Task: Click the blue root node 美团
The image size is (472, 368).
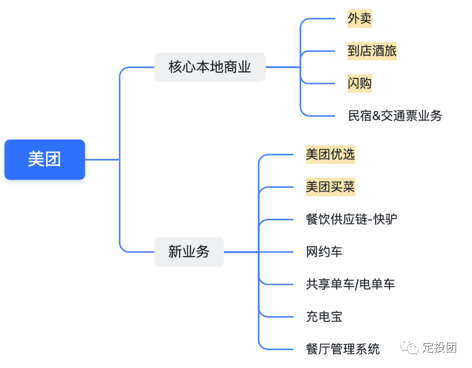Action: (x=44, y=159)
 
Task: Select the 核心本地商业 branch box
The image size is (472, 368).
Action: (x=209, y=67)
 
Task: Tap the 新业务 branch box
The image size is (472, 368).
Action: (x=189, y=252)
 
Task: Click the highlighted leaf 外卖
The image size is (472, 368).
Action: (x=360, y=19)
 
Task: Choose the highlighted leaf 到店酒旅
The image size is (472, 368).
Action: (x=372, y=51)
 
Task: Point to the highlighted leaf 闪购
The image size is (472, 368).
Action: (x=360, y=83)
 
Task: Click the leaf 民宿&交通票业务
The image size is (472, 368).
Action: (x=395, y=115)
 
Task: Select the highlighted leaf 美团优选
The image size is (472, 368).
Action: (x=330, y=155)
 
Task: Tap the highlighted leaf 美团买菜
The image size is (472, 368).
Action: (x=330, y=187)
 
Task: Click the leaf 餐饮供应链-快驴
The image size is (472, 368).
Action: (x=351, y=219)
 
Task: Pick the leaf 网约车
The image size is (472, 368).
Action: (x=324, y=252)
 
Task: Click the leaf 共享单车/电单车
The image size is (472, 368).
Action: (x=350, y=284)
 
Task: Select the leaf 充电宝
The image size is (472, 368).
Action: (x=324, y=317)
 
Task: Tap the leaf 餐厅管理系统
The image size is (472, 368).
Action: (x=343, y=349)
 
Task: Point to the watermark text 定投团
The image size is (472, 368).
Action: (x=439, y=348)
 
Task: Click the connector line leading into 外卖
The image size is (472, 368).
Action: (x=319, y=19)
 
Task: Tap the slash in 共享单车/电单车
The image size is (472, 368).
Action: (x=357, y=284)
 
